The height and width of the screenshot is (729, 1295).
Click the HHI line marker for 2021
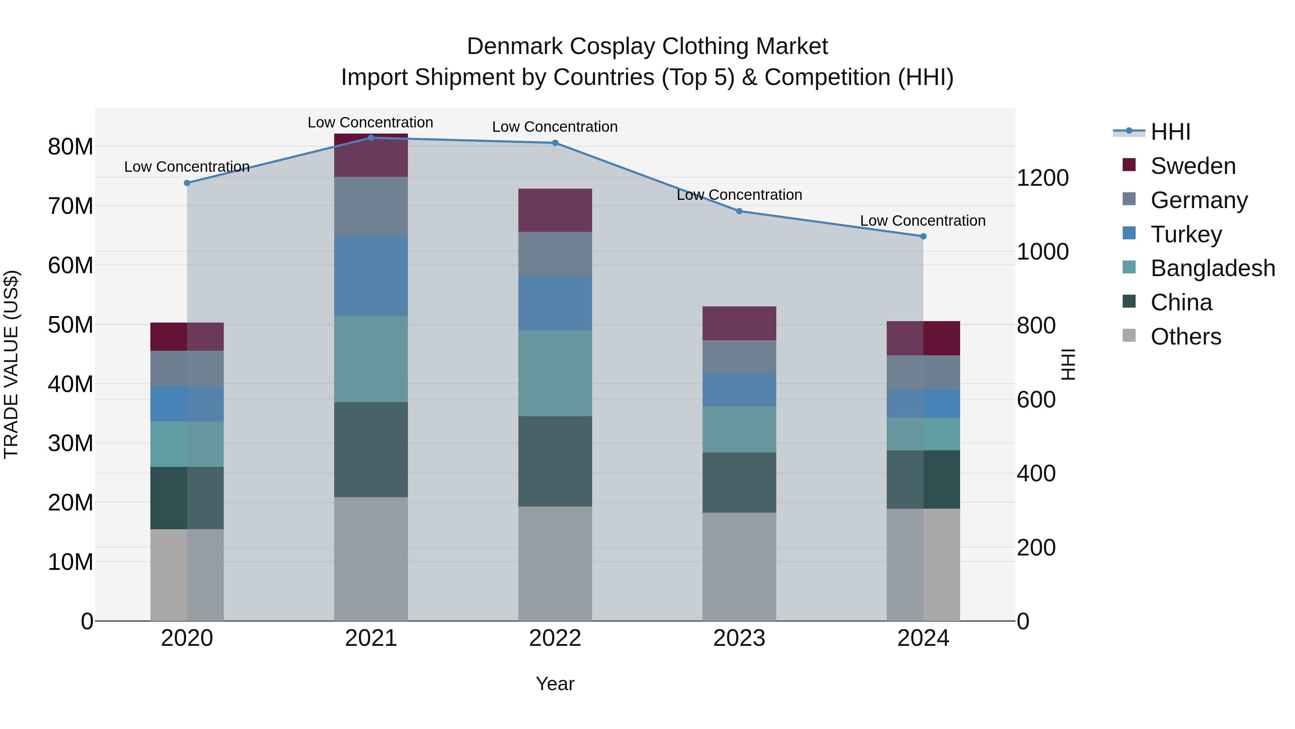(x=371, y=138)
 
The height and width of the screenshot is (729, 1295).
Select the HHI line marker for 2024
(x=923, y=237)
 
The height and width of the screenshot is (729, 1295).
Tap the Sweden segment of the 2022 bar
(x=555, y=210)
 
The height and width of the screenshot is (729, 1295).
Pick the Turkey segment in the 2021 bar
(x=371, y=275)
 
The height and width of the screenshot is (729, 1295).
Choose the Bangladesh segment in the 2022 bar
(x=555, y=373)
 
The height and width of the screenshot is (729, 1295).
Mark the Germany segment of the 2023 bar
(x=739, y=357)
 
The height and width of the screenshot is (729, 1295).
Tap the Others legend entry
(x=1185, y=337)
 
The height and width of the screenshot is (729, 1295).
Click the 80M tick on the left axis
(x=71, y=147)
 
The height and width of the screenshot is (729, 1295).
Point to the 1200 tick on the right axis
(x=1042, y=178)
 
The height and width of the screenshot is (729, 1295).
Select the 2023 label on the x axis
(x=739, y=638)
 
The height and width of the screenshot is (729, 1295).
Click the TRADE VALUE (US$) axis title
(x=11, y=364)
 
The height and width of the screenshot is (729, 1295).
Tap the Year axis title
(x=555, y=684)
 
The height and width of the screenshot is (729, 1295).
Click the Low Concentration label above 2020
(x=187, y=167)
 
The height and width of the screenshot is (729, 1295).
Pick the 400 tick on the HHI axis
(x=1036, y=473)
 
